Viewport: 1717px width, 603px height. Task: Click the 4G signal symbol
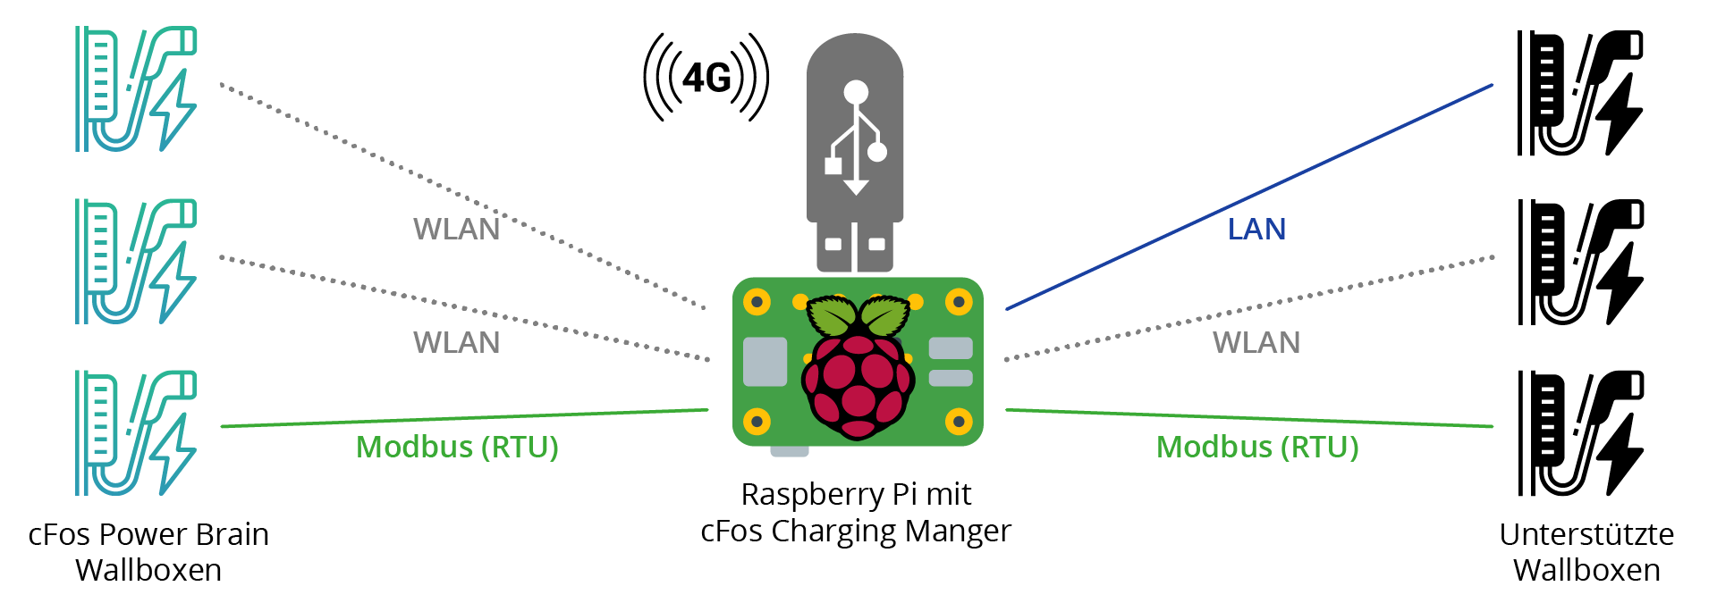(x=706, y=78)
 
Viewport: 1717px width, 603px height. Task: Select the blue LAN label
(x=1256, y=230)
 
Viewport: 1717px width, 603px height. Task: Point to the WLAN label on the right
(x=1256, y=342)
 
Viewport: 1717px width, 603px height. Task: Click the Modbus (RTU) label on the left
(x=457, y=447)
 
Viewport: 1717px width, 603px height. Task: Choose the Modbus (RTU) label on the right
(x=1257, y=447)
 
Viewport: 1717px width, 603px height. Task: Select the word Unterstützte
(x=1586, y=534)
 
